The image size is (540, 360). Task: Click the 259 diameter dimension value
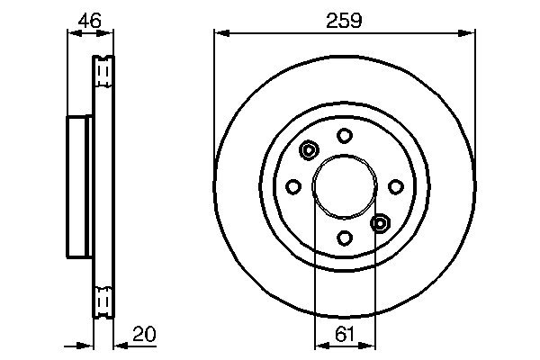point(345,19)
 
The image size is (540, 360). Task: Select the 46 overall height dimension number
point(88,19)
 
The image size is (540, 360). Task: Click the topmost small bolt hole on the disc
point(344,135)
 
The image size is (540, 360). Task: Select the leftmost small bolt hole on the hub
point(292,186)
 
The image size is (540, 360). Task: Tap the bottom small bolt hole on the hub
point(344,238)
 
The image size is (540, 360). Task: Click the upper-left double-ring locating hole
point(309,150)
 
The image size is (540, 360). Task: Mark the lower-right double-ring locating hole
point(380,222)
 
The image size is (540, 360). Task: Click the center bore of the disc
point(344,186)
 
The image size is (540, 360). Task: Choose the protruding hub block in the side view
point(78,186)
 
